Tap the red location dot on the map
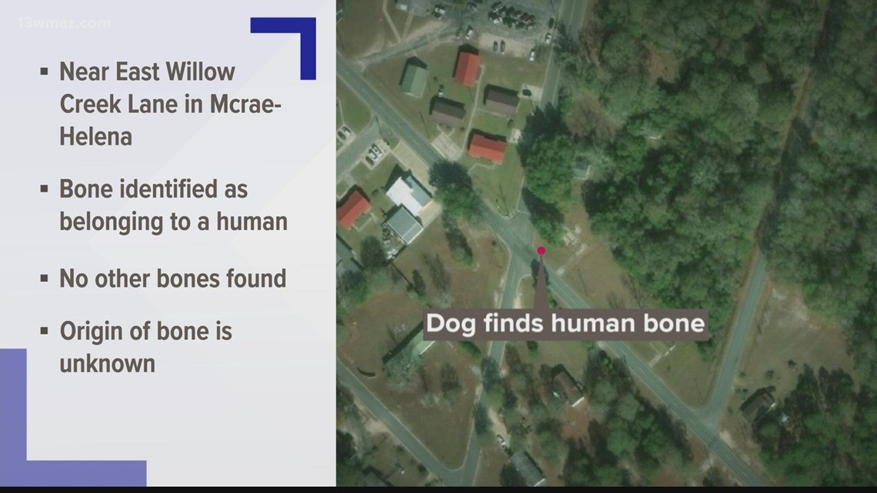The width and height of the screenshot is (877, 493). pos(541,251)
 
